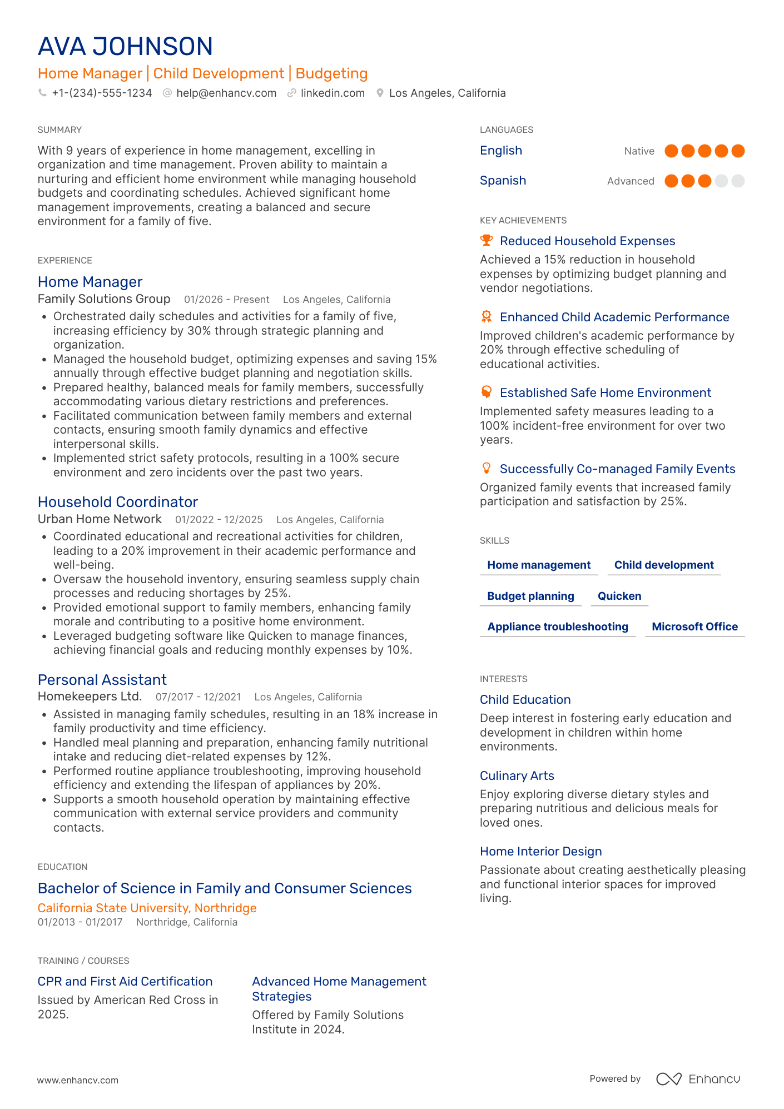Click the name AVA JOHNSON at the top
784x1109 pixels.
[125, 47]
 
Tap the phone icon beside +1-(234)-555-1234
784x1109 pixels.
[42, 93]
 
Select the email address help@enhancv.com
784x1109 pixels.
[226, 93]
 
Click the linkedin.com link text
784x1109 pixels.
[333, 93]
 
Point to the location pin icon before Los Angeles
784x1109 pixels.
[380, 93]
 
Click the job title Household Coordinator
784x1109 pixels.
[118, 502]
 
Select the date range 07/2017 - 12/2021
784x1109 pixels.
[198, 697]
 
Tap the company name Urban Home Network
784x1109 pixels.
[100, 519]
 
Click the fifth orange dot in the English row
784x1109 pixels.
[738, 151]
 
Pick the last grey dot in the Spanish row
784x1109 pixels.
[738, 181]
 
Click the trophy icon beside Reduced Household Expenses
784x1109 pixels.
[487, 240]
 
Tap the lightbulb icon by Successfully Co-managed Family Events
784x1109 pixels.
[487, 468]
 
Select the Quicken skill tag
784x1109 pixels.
[619, 596]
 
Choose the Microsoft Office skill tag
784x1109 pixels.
[694, 626]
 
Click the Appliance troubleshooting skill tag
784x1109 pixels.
[558, 626]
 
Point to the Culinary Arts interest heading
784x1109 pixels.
[517, 775]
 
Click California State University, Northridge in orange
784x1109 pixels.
[147, 908]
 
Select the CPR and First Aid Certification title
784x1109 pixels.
[125, 981]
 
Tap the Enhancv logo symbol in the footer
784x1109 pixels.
[668, 1079]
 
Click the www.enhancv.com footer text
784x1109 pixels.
[78, 1080]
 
